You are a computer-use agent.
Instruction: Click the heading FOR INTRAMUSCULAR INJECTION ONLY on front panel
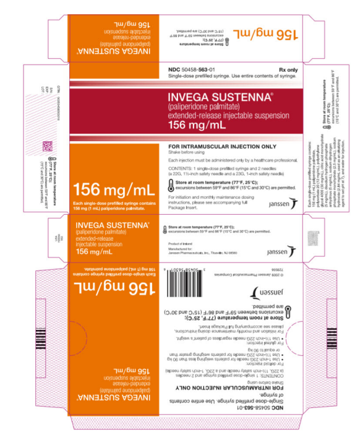tap(220, 147)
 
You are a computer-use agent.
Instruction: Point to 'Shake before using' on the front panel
tap(189, 153)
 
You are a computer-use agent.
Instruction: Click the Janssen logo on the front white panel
tap(281, 202)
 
